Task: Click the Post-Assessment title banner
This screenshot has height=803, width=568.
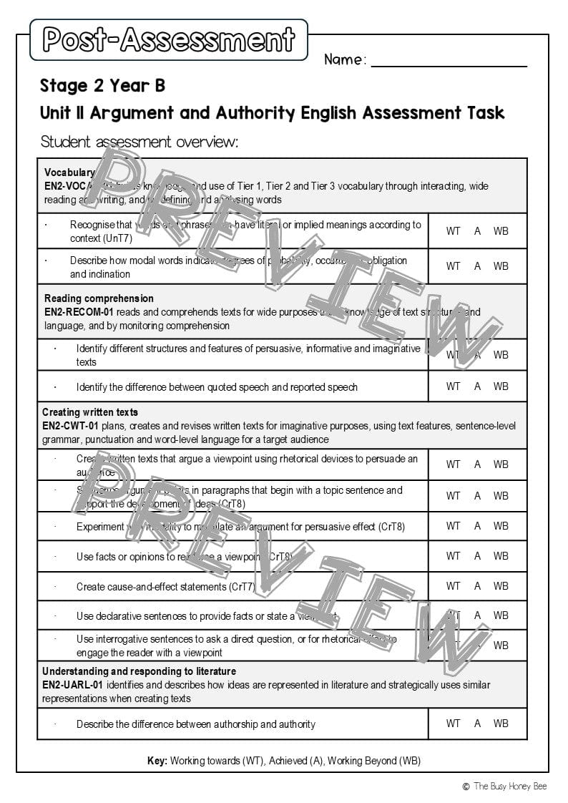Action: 169,39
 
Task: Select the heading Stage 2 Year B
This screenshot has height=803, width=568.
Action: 102,86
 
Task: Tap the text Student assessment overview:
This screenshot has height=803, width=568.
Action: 139,142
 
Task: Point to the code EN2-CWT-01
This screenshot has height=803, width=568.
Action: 72,426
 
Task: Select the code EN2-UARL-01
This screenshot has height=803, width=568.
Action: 73,685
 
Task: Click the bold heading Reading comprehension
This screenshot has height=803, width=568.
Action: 99,298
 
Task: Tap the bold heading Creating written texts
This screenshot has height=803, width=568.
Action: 90,412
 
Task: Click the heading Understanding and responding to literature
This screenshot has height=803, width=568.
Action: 139,671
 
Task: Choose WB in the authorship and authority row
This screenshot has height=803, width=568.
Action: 501,724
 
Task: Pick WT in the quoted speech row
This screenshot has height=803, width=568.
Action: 454,386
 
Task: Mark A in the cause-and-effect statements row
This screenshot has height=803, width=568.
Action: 477,586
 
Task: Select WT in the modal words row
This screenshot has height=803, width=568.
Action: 454,266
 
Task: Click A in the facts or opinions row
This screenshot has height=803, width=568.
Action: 477,556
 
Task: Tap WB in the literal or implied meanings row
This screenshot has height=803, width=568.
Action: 501,231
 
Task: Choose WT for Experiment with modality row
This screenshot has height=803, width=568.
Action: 454,526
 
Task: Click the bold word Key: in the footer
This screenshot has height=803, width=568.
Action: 157,761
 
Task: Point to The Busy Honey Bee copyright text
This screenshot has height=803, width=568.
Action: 509,787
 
